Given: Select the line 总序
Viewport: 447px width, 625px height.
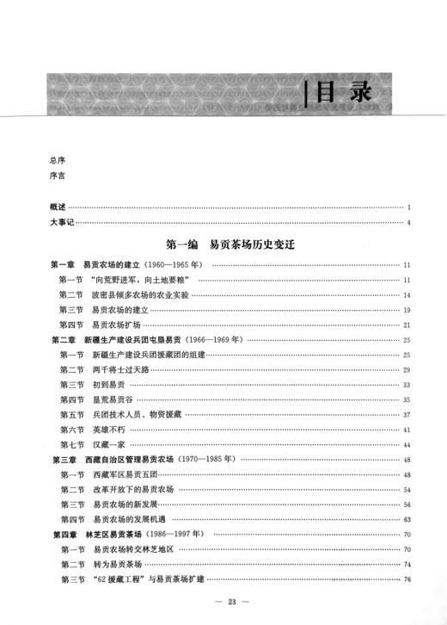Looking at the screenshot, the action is pyautogui.click(x=58, y=161).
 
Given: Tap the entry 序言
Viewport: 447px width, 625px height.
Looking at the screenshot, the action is pyautogui.click(x=58, y=177).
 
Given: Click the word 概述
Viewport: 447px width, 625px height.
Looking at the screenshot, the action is pyautogui.click(x=58, y=208).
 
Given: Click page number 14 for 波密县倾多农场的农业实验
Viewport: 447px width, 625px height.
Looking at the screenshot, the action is pyautogui.click(x=406, y=295).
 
